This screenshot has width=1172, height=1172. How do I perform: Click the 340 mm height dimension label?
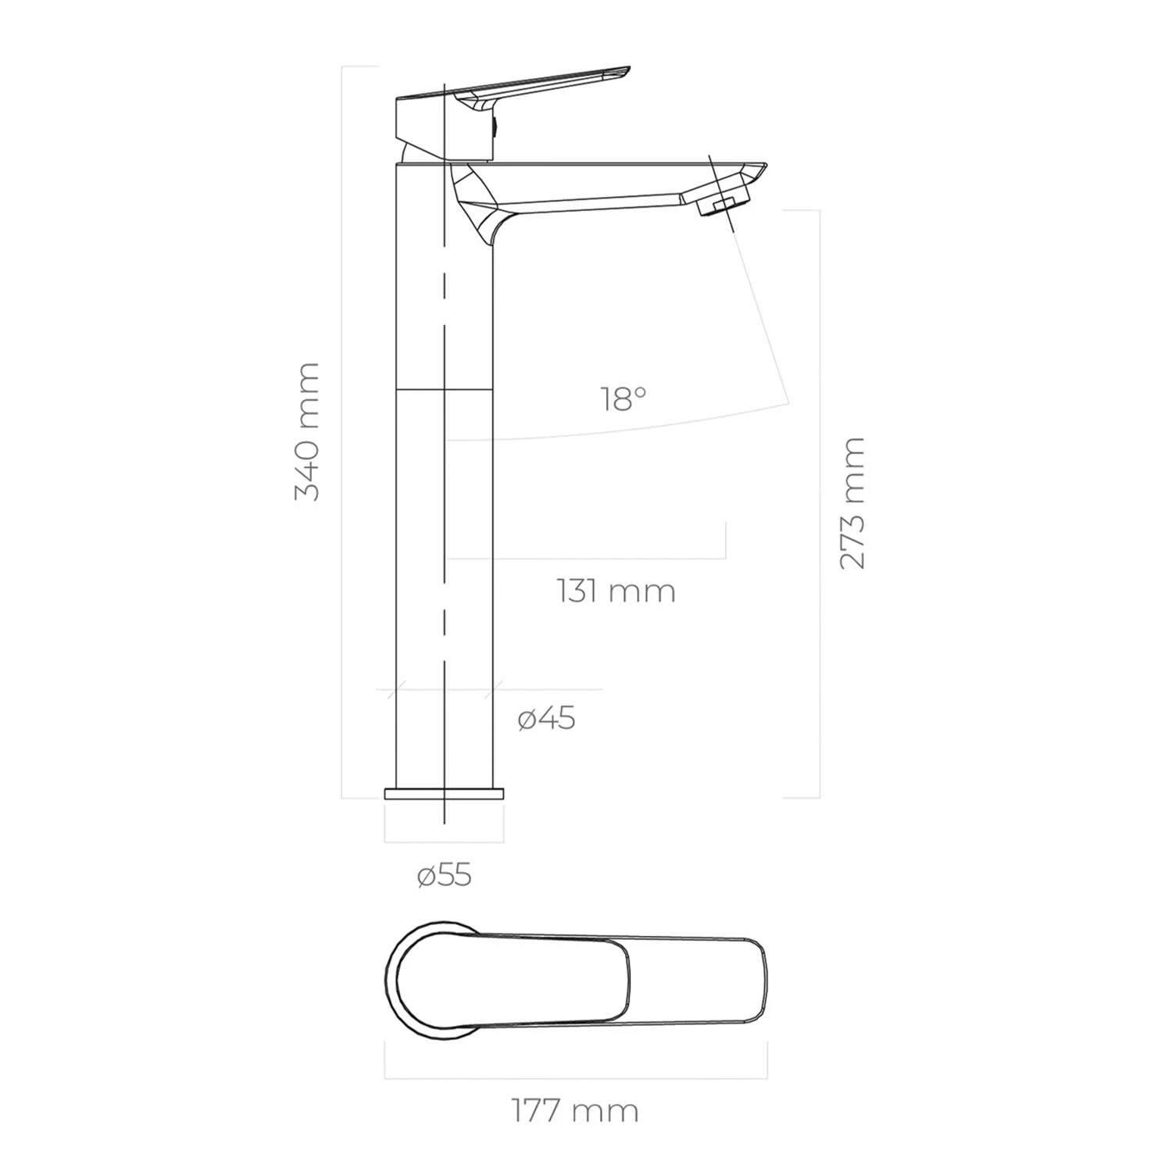(306, 431)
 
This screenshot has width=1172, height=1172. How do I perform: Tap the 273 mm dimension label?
(852, 504)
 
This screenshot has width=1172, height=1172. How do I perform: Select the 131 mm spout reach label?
(616, 591)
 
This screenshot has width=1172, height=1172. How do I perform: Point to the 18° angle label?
(624, 399)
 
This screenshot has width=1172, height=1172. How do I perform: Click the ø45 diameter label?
(547, 719)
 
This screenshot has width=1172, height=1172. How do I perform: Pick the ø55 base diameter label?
(445, 876)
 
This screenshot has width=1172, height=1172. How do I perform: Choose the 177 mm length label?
(576, 1110)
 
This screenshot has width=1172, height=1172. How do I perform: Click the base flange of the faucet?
(444, 794)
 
